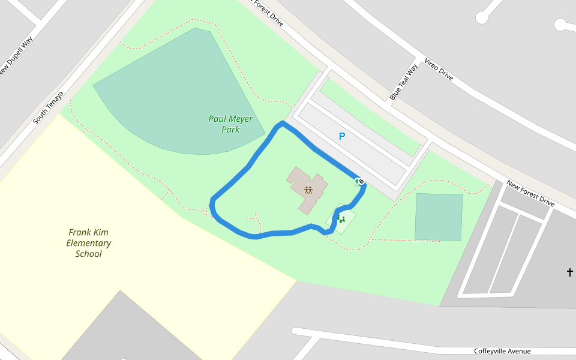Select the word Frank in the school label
pyautogui.click(x=80, y=232)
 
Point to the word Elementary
pyautogui.click(x=89, y=243)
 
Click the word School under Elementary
pyautogui.click(x=89, y=254)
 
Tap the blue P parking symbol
pyautogui.click(x=342, y=137)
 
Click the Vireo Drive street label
pyautogui.click(x=439, y=70)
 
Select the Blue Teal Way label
pyautogui.click(x=403, y=82)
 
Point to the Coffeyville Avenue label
pyautogui.click(x=502, y=351)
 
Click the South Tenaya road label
pyautogui.click(x=48, y=108)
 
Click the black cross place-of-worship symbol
pyautogui.click(x=569, y=272)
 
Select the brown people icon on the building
pyautogui.click(x=308, y=190)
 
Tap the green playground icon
pyautogui.click(x=341, y=219)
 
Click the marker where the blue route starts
pyautogui.click(x=360, y=181)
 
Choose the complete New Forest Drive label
pyautogui.click(x=530, y=193)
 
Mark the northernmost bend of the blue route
pyautogui.click(x=281, y=124)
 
